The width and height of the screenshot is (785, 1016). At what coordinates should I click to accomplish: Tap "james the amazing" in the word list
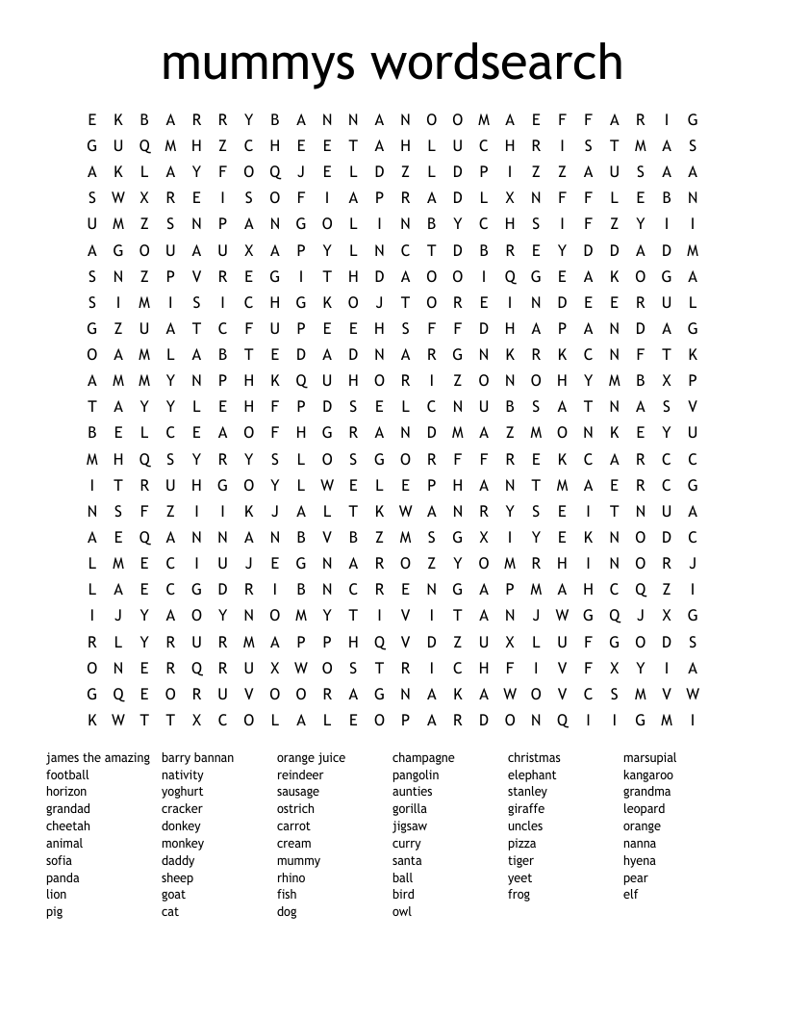98,758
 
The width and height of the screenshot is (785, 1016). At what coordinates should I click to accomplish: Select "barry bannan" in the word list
197,758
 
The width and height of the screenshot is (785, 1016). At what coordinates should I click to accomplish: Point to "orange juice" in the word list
311,758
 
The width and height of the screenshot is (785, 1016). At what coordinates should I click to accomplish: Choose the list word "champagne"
423,758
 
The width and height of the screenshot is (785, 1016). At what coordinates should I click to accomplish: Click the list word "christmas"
534,758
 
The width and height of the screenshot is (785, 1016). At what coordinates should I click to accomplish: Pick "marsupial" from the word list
649,758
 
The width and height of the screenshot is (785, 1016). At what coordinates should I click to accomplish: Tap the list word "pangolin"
416,775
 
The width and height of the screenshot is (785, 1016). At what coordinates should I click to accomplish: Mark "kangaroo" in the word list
647,775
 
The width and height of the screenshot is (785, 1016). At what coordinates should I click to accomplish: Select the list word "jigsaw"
410,826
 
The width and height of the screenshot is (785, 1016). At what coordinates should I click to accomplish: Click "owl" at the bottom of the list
401,911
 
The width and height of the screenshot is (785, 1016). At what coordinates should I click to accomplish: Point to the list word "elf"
630,895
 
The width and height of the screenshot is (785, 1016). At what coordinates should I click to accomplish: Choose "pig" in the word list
54,912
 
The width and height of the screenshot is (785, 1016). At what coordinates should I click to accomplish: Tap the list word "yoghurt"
183,792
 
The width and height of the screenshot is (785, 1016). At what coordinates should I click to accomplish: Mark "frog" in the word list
519,895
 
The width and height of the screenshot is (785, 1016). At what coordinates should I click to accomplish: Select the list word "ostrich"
296,809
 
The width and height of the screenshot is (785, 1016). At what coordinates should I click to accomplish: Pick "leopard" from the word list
644,809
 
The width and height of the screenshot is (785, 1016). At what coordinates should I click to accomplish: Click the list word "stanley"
527,792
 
